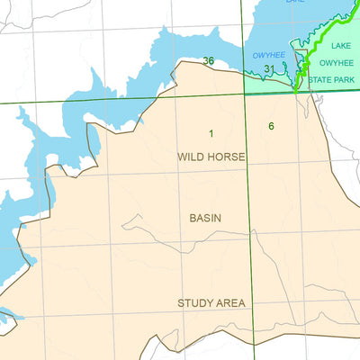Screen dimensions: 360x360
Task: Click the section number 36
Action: pyautogui.click(x=209, y=61)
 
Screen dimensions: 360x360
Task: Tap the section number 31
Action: pyautogui.click(x=269, y=68)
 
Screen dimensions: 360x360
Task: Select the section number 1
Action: pyautogui.click(x=211, y=134)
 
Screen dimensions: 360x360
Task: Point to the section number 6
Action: pyautogui.click(x=271, y=126)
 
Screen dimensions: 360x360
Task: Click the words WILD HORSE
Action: pyautogui.click(x=211, y=157)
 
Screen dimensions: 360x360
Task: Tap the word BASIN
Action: pyautogui.click(x=205, y=218)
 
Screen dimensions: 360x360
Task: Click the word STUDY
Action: pyautogui.click(x=195, y=303)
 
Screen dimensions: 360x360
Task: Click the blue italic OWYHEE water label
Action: pyautogui.click(x=268, y=55)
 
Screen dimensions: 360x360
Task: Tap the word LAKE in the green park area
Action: pyautogui.click(x=341, y=45)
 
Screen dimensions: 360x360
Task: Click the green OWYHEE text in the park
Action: pyautogui.click(x=338, y=63)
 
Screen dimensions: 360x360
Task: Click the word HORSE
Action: pyautogui.click(x=227, y=157)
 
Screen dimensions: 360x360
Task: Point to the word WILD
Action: pyautogui.click(x=191, y=157)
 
